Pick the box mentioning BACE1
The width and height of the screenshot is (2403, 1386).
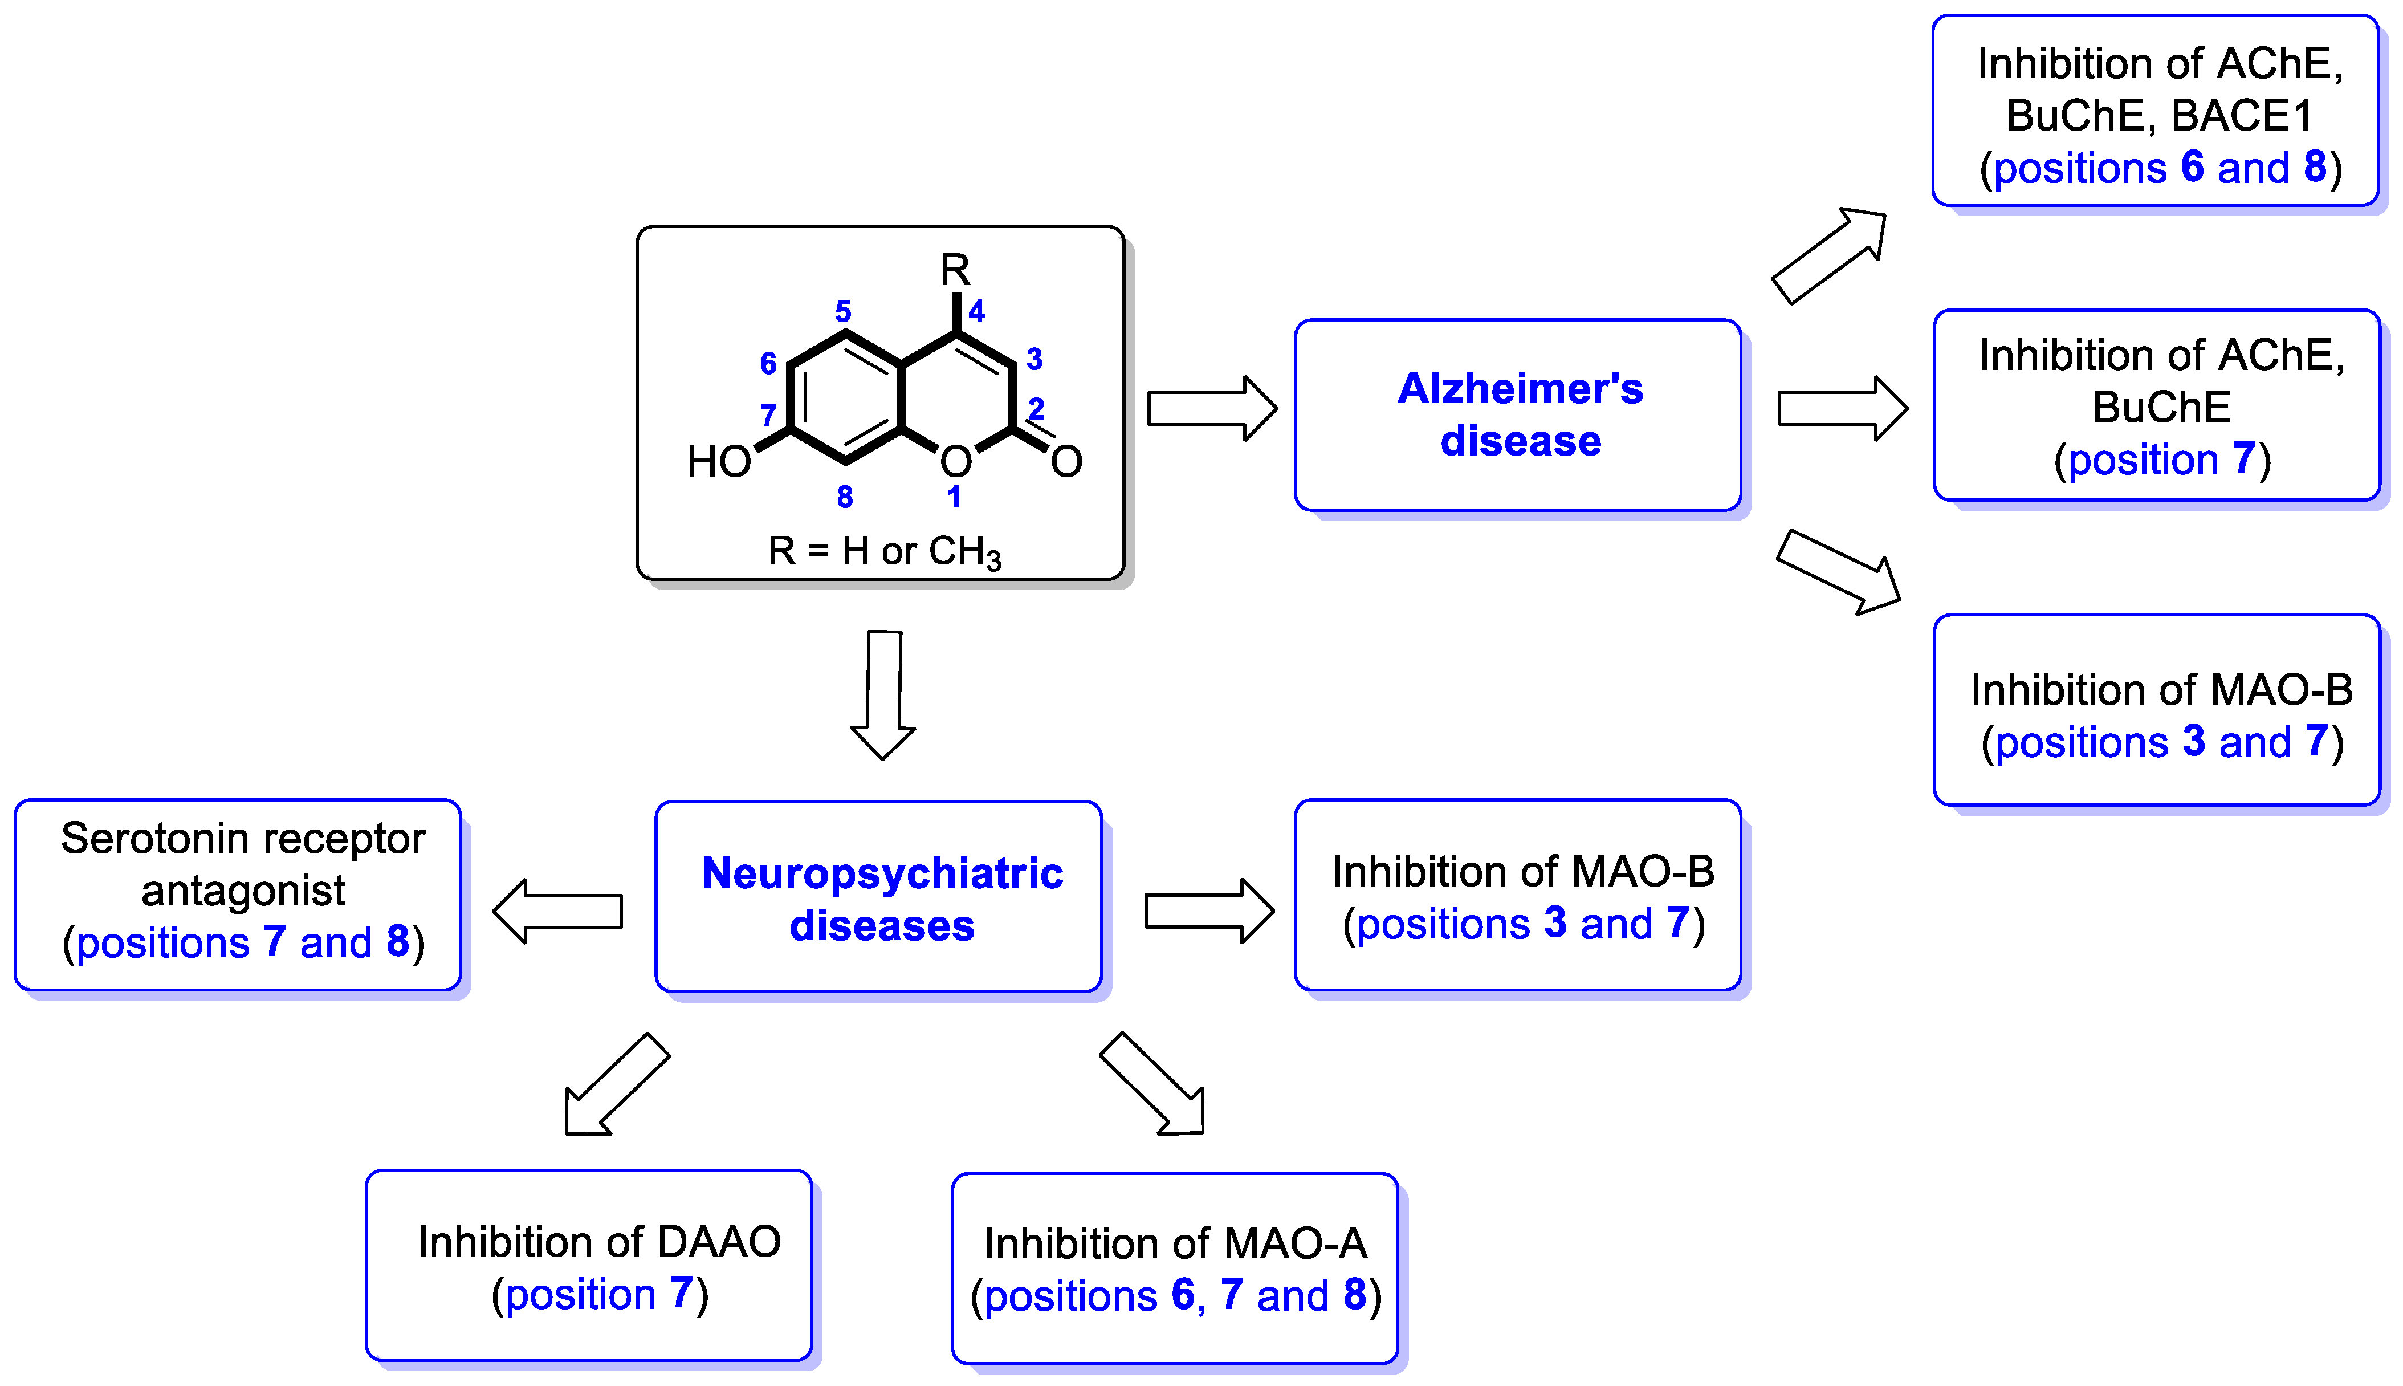(2156, 111)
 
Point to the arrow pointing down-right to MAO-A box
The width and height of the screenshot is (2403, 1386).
(1154, 1085)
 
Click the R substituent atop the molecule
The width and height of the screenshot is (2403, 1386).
(955, 270)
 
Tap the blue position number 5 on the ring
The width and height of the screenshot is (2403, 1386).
(843, 311)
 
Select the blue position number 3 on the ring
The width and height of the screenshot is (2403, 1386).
(1034, 359)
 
